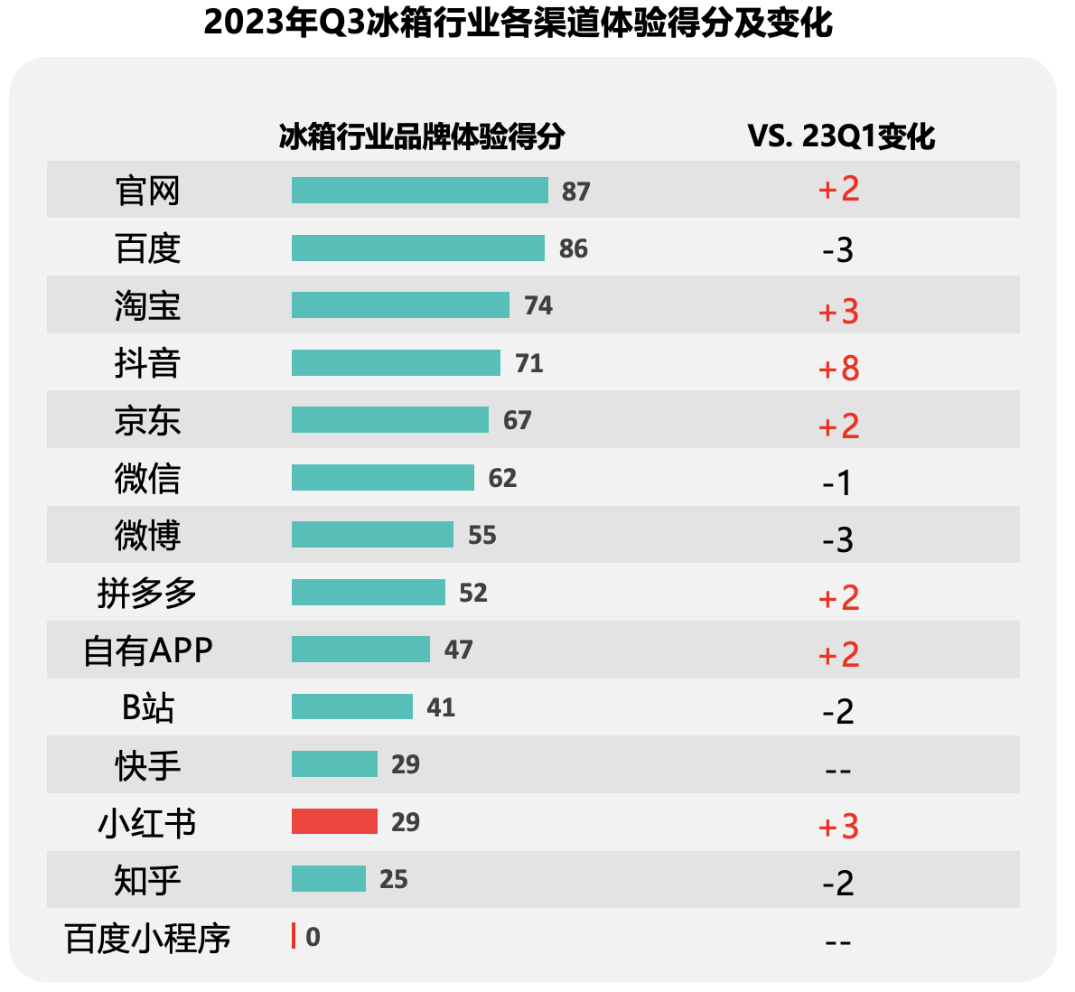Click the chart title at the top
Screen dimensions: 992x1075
coord(518,23)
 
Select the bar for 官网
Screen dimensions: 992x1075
coord(419,191)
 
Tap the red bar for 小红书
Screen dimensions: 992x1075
coord(334,821)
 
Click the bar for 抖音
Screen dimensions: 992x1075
coord(396,362)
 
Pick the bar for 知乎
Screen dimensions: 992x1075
coord(329,878)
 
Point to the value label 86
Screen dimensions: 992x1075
coord(574,248)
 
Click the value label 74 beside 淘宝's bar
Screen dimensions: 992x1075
coord(538,305)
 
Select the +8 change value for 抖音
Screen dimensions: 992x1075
coord(838,369)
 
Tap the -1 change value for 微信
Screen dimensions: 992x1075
coord(837,483)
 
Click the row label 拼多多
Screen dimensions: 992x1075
coord(147,594)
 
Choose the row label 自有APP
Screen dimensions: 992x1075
coord(148,650)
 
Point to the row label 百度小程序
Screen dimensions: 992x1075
coord(148,939)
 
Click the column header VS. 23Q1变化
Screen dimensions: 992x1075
coord(841,136)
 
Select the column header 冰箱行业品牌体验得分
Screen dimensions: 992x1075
coord(422,136)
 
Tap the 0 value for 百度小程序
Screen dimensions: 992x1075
coord(313,937)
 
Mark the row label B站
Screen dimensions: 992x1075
coord(147,707)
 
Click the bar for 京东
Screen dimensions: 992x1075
coord(389,419)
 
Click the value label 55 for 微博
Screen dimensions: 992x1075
coord(482,535)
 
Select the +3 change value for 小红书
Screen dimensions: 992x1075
coord(838,827)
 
